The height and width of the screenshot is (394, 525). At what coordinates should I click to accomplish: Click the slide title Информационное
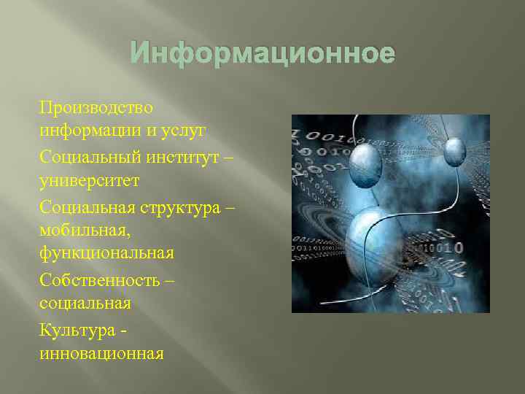(x=262, y=54)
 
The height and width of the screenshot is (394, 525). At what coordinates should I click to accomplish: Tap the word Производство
(x=96, y=108)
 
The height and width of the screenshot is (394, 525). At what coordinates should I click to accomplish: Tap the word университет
(x=89, y=179)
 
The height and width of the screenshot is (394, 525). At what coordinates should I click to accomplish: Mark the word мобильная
(x=85, y=230)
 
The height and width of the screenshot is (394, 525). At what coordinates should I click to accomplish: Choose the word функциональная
(x=107, y=253)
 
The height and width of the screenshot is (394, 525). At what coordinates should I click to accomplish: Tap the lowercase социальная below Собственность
(x=85, y=303)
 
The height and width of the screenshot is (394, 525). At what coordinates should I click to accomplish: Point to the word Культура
(x=77, y=330)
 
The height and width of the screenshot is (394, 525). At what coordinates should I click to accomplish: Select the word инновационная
(x=101, y=353)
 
